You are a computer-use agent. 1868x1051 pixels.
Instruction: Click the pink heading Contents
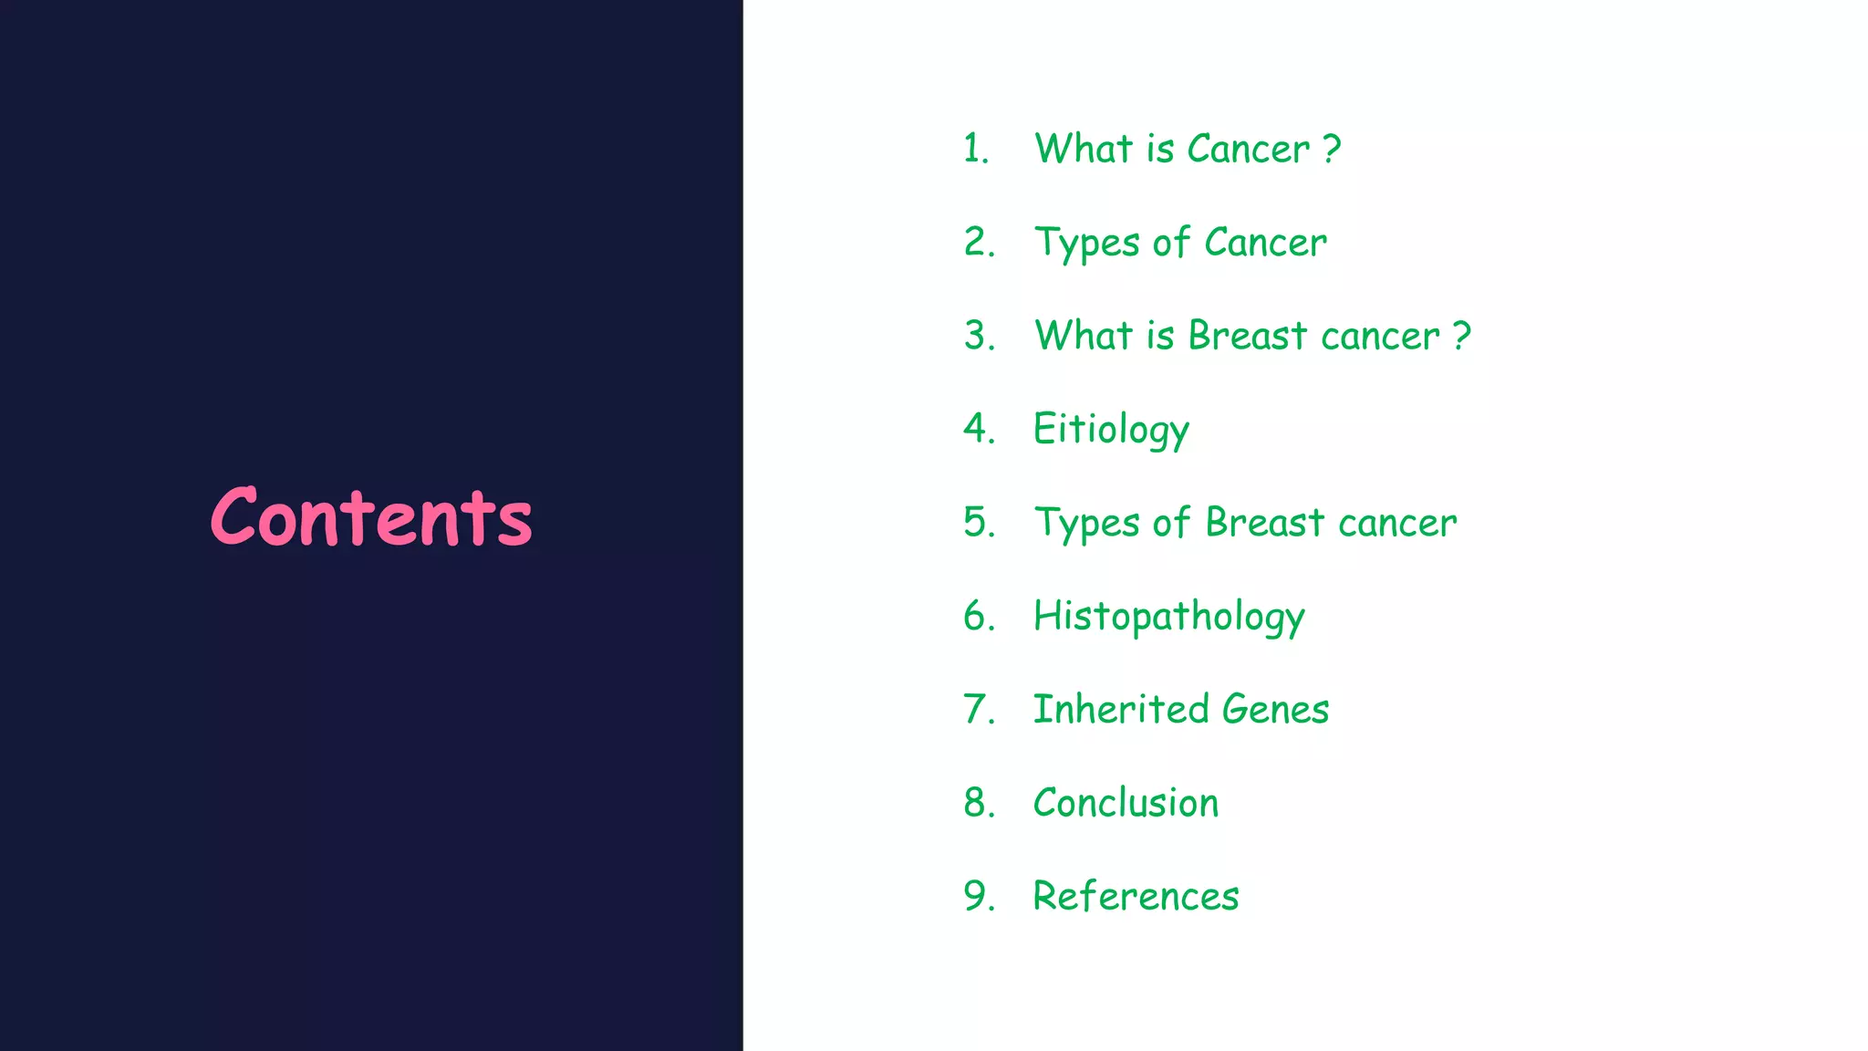tap(371, 517)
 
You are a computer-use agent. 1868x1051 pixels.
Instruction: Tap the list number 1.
tap(973, 149)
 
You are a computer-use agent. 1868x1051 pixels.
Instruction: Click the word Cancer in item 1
tap(1248, 149)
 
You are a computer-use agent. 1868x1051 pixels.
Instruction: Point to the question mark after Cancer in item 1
tap(1332, 149)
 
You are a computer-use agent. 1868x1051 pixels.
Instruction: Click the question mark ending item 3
tap(1462, 336)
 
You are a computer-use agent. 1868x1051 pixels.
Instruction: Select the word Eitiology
tap(1111, 430)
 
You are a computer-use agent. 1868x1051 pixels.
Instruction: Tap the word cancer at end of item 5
tap(1397, 524)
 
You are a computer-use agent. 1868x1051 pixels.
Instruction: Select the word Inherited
tap(1121, 709)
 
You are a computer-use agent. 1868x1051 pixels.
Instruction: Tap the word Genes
tap(1275, 710)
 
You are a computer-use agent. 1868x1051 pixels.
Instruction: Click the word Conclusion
tap(1126, 803)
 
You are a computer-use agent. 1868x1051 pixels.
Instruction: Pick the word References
tap(1136, 896)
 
